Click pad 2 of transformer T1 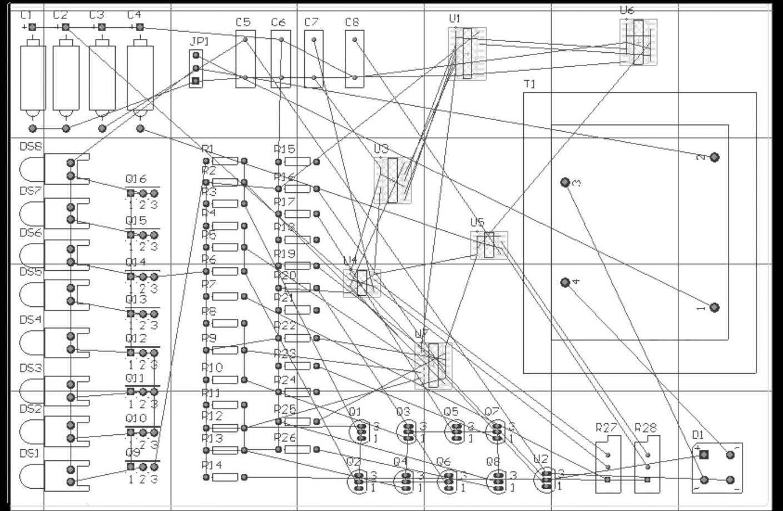[x=715, y=157]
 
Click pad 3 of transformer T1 [x=565, y=182]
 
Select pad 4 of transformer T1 [x=565, y=282]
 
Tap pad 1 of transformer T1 [x=715, y=307]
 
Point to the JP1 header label [x=199, y=42]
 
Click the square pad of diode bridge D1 [x=704, y=455]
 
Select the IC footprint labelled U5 [x=489, y=245]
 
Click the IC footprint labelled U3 [x=393, y=180]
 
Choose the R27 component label [x=606, y=428]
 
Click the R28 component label [x=646, y=428]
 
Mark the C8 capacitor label [x=352, y=22]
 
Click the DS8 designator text [x=31, y=147]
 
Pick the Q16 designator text [x=136, y=179]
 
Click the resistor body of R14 [x=225, y=477]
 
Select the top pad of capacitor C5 [x=245, y=39]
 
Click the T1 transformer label [x=530, y=84]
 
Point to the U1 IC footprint [x=467, y=53]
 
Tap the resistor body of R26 [x=297, y=449]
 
